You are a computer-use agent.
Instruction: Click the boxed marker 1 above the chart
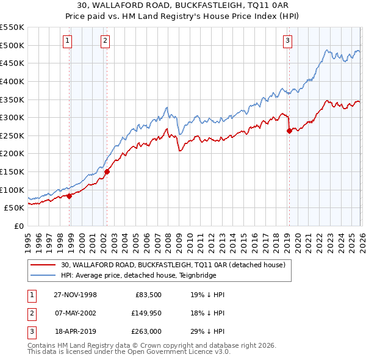pyautogui.click(x=67, y=41)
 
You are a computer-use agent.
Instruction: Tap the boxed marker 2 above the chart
pyautogui.click(x=105, y=41)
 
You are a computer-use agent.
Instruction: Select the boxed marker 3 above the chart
pyautogui.click(x=287, y=41)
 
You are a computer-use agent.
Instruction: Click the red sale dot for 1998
pyautogui.click(x=70, y=196)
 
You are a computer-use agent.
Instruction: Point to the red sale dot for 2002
pyautogui.click(x=107, y=171)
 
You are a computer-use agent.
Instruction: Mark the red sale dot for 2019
pyautogui.click(x=289, y=131)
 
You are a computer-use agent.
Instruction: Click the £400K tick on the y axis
pyautogui.click(x=12, y=81)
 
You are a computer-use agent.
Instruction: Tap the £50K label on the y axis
pyautogui.click(x=15, y=208)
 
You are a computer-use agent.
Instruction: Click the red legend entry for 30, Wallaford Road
pyautogui.click(x=177, y=265)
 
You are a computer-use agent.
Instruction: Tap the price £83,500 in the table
pyautogui.click(x=148, y=295)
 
